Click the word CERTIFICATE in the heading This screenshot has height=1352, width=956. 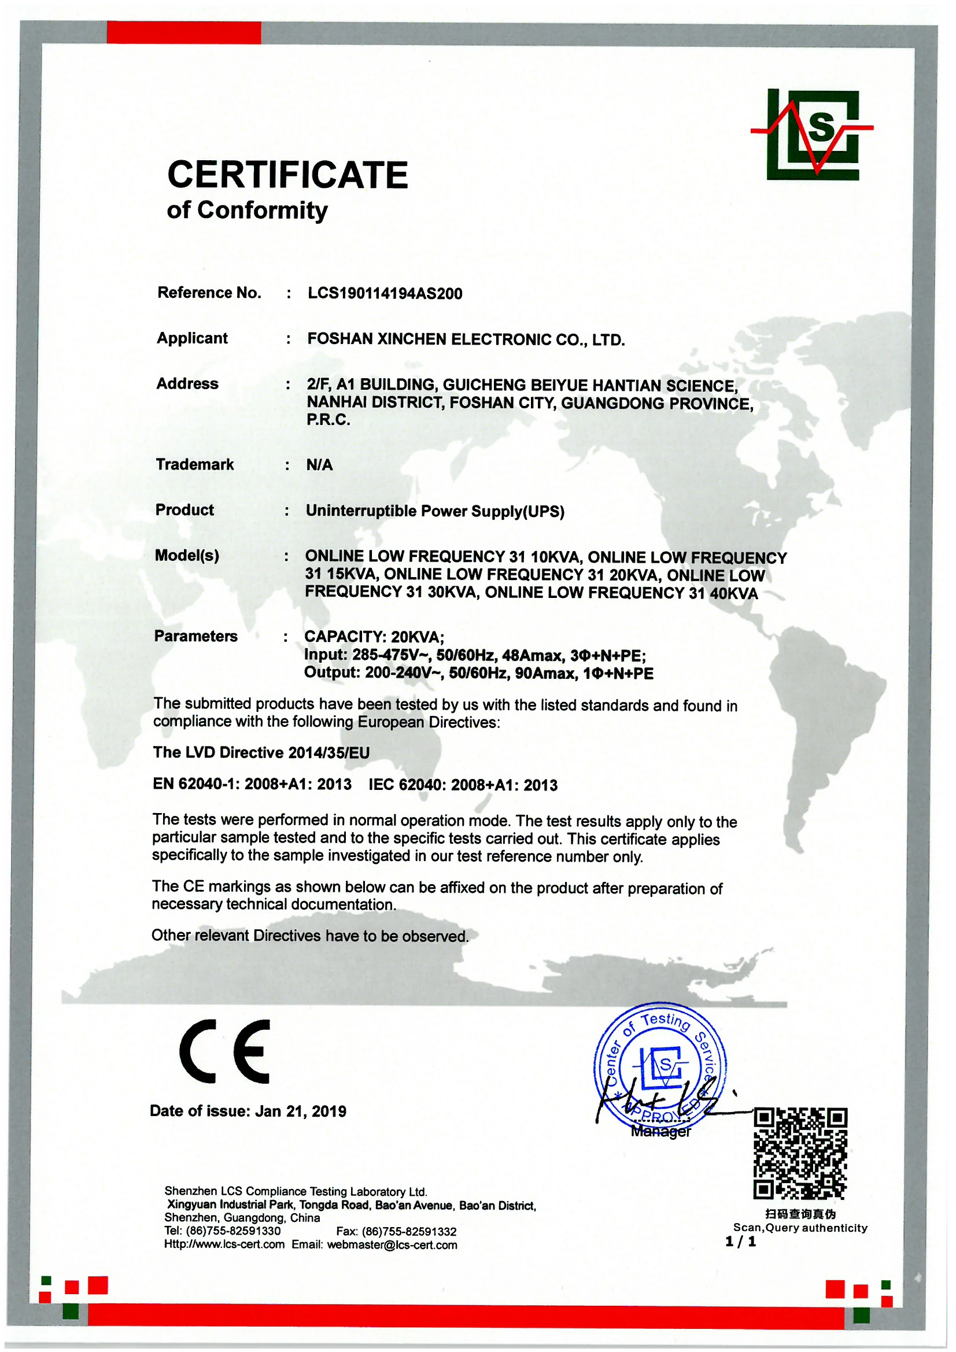point(287,175)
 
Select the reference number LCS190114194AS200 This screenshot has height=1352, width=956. point(385,293)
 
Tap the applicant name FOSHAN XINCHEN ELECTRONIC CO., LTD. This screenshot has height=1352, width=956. point(466,340)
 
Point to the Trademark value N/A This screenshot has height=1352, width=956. point(319,465)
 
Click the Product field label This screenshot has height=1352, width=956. point(184,510)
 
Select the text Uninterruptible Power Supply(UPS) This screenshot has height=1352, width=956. point(435,511)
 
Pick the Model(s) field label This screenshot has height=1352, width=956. point(187,555)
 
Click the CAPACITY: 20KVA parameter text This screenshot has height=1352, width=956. point(374,637)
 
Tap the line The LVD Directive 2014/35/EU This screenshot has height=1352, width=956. point(261,752)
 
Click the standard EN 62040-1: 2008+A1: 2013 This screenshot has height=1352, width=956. point(252,784)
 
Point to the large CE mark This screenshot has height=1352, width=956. point(225,1051)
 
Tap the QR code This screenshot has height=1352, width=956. point(800,1154)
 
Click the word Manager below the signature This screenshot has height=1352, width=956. point(660,1131)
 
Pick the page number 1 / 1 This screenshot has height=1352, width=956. point(740,1242)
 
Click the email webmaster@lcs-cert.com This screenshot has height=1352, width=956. point(392,1245)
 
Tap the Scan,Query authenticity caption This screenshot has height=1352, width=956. point(800,1228)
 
